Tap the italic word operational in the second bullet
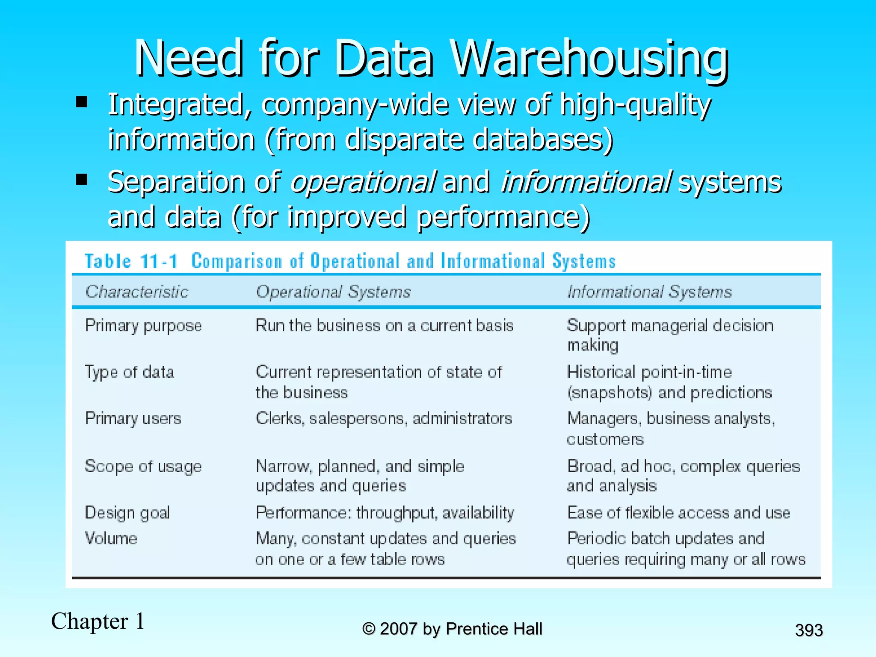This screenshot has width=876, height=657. coord(363,182)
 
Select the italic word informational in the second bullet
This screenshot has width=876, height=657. coord(586,182)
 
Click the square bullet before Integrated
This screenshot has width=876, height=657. coord(81,102)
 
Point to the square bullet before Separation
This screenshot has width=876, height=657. coord(81,179)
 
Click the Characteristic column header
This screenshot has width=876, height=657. coord(137,292)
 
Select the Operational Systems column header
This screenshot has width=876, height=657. coord(333,292)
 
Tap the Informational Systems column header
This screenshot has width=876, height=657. coord(649,292)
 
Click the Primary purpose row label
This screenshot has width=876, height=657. coord(143,326)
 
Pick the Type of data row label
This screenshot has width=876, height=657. coord(129,372)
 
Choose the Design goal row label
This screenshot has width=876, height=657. coord(127,513)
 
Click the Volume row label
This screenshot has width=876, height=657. coord(111,538)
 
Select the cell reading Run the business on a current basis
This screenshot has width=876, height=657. coord(384,326)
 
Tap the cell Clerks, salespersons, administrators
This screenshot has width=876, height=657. coord(384,418)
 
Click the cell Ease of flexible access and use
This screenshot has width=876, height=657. coord(678,512)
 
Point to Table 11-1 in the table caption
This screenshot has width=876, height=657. coord(131,261)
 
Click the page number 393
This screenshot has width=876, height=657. coord(809,630)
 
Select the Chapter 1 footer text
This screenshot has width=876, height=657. coord(98,621)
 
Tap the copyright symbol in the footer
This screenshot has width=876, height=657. coord(368,629)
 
